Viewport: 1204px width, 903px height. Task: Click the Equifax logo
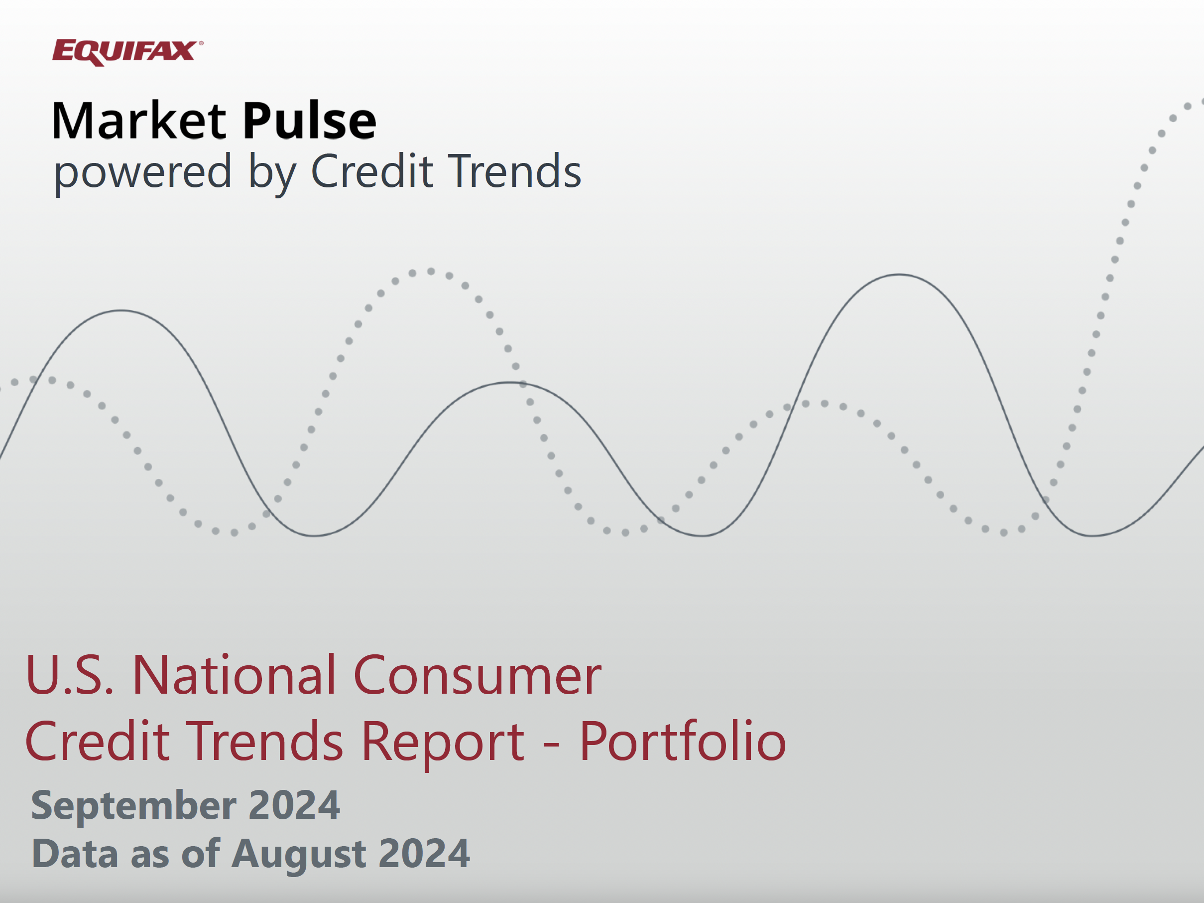(127, 53)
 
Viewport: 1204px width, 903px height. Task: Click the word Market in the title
(139, 121)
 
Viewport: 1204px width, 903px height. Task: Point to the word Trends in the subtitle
(514, 171)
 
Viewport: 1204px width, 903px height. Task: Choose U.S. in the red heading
(70, 675)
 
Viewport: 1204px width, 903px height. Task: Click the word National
(235, 675)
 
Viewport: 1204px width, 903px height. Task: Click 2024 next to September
(294, 805)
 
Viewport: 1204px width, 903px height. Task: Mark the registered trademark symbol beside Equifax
(201, 42)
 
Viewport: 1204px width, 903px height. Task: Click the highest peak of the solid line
(899, 275)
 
